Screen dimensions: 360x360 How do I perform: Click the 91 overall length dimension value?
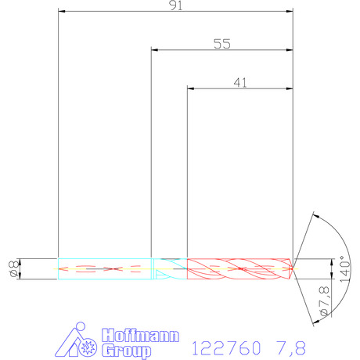tap(176, 5)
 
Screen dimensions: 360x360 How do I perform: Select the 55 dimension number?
tap(222, 44)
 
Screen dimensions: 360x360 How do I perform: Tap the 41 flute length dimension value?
tap(240, 83)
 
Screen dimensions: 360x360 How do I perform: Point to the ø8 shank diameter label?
tap(14, 269)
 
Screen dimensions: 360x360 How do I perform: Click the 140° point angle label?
tap(345, 268)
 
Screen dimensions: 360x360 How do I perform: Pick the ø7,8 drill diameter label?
tap(324, 301)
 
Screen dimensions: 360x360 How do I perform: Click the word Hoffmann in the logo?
tap(140, 335)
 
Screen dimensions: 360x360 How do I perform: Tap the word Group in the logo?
tap(126, 351)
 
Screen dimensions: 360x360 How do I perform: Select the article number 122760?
tap(226, 347)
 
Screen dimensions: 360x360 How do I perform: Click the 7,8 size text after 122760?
tap(290, 348)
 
